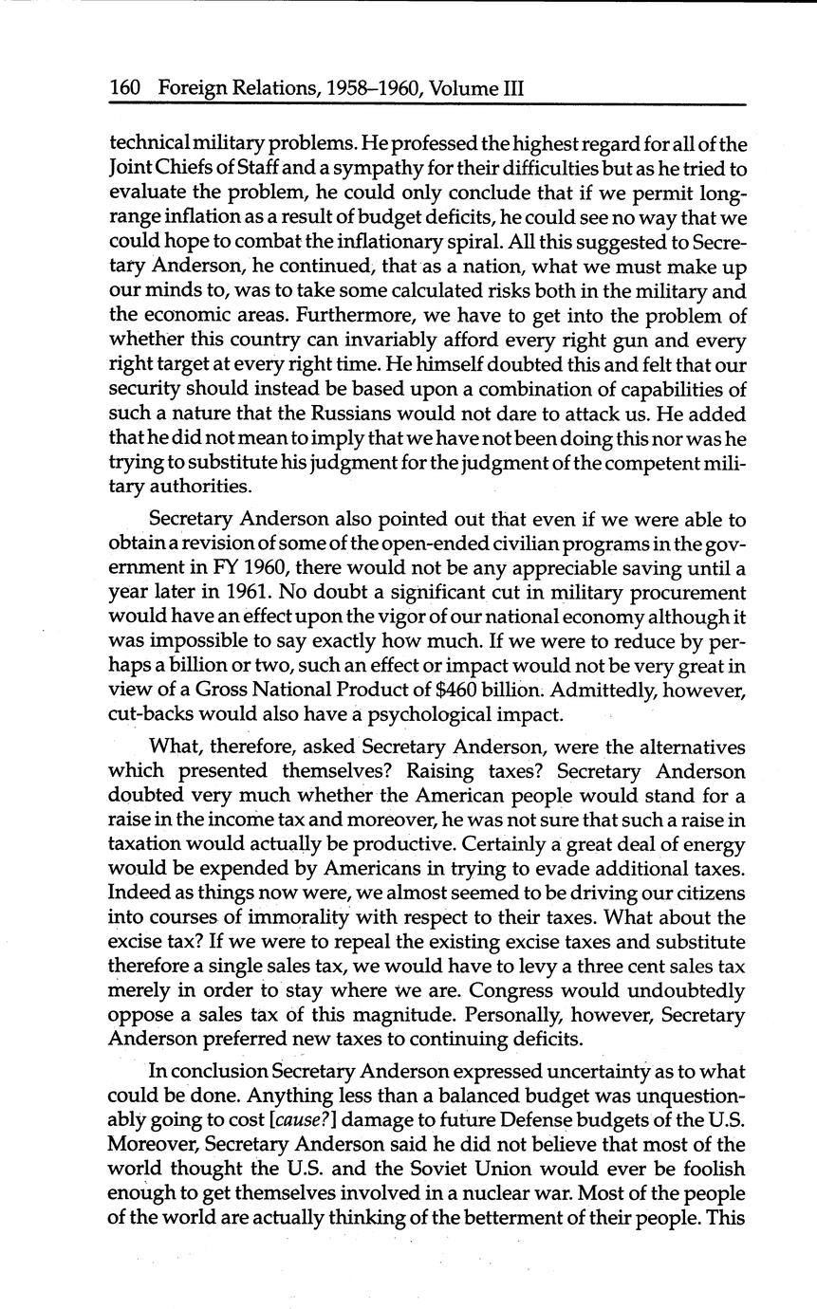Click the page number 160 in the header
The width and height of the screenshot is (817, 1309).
pyautogui.click(x=125, y=89)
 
